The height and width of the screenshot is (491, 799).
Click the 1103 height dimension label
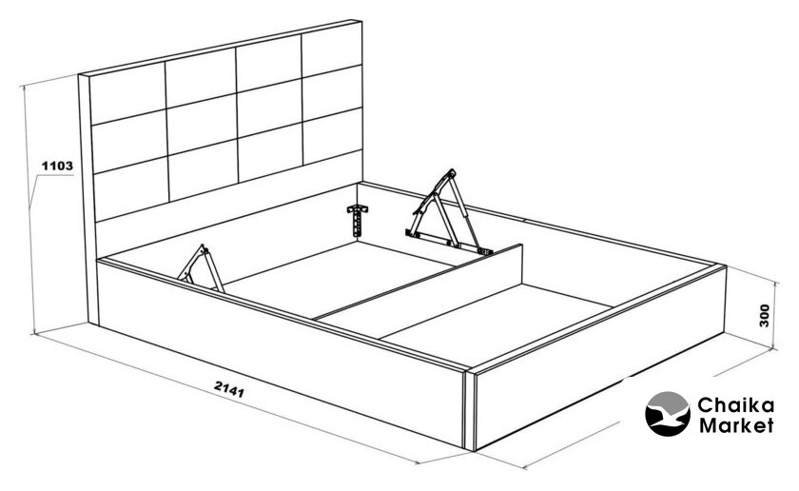pyautogui.click(x=57, y=166)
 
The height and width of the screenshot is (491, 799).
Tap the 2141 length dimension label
pyautogui.click(x=229, y=389)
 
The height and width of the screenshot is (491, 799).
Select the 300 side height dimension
pyautogui.click(x=765, y=316)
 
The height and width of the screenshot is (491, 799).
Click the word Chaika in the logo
pyautogui.click(x=736, y=406)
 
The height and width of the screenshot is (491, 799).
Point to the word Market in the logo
pyautogui.click(x=736, y=425)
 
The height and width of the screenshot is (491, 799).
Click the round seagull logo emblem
pyautogui.click(x=668, y=414)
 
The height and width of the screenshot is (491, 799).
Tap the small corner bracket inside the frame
pyautogui.click(x=358, y=220)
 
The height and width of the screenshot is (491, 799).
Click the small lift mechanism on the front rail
pyautogui.click(x=201, y=268)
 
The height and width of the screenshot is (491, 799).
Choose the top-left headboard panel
pyautogui.click(x=127, y=93)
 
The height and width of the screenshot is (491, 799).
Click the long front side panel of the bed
pyautogui.click(x=281, y=352)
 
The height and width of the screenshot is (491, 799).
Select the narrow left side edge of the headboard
pyautogui.click(x=87, y=199)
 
